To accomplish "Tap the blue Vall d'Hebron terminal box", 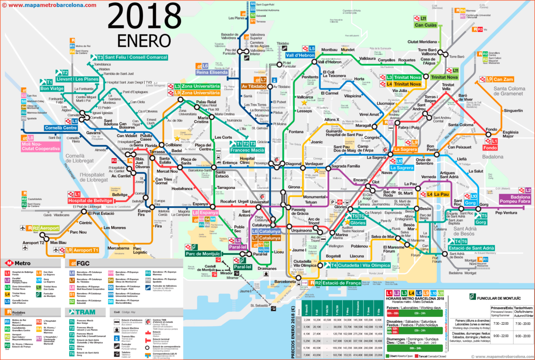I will [300, 55].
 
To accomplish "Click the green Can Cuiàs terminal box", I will [426, 25].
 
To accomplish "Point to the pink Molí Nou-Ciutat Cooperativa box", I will [40, 146].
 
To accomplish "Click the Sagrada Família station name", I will [347, 166].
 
